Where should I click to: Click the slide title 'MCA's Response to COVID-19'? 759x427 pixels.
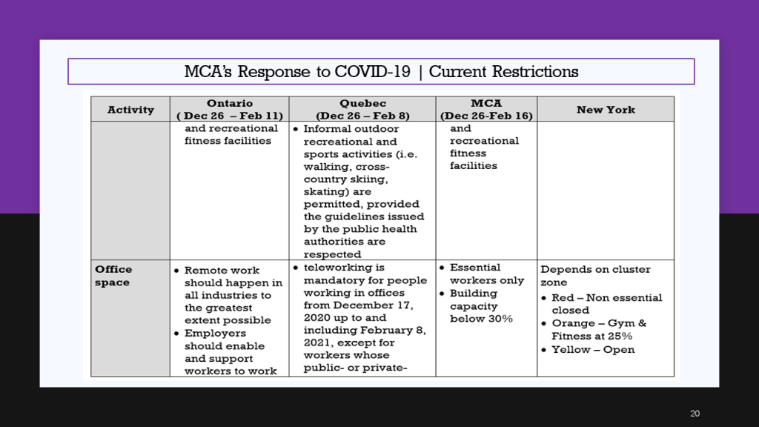point(297,72)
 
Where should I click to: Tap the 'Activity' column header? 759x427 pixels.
point(130,110)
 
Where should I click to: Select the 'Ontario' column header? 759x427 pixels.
point(230,103)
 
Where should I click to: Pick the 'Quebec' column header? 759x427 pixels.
point(362,103)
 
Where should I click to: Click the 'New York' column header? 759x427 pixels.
point(606,110)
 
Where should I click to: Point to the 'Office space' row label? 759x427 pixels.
point(113,276)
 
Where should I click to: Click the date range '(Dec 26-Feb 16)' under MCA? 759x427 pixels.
point(486,116)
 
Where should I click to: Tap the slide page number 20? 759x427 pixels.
point(695,414)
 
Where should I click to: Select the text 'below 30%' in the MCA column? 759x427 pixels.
point(481,319)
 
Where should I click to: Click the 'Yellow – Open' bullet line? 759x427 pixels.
point(593,350)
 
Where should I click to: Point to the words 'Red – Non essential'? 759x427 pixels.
point(606,298)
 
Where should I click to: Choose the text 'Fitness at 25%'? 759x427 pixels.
point(591,336)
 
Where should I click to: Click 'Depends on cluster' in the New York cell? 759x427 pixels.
point(595,269)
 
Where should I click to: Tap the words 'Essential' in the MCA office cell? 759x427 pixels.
point(475,267)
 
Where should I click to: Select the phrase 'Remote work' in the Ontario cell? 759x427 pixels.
point(222,270)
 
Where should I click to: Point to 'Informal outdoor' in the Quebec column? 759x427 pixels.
point(351,129)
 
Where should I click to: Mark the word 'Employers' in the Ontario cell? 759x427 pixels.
point(215,333)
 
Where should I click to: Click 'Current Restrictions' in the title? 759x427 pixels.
point(503,72)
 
